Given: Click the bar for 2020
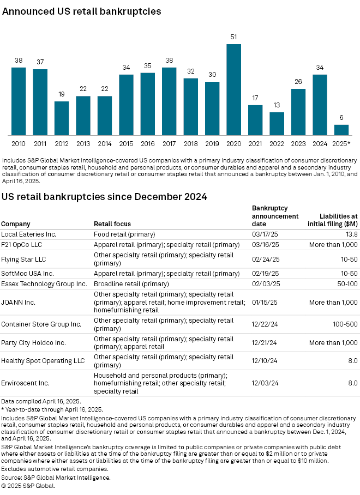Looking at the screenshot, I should coord(233,90).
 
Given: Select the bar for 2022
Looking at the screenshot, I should coord(277,124).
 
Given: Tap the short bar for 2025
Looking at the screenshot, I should coord(341,130).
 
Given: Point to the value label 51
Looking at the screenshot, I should coord(233,38).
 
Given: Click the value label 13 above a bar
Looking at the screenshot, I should coord(277,105).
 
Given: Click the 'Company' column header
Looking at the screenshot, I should coord(15,224).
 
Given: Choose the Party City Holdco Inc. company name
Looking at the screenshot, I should coord(33,342).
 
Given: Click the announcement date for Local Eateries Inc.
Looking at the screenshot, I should coord(262,233).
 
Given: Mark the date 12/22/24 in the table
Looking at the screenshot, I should coord(262,324).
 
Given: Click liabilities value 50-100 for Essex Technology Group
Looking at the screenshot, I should coord(346,283).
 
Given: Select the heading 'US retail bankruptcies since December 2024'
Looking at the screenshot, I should coord(104,197).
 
